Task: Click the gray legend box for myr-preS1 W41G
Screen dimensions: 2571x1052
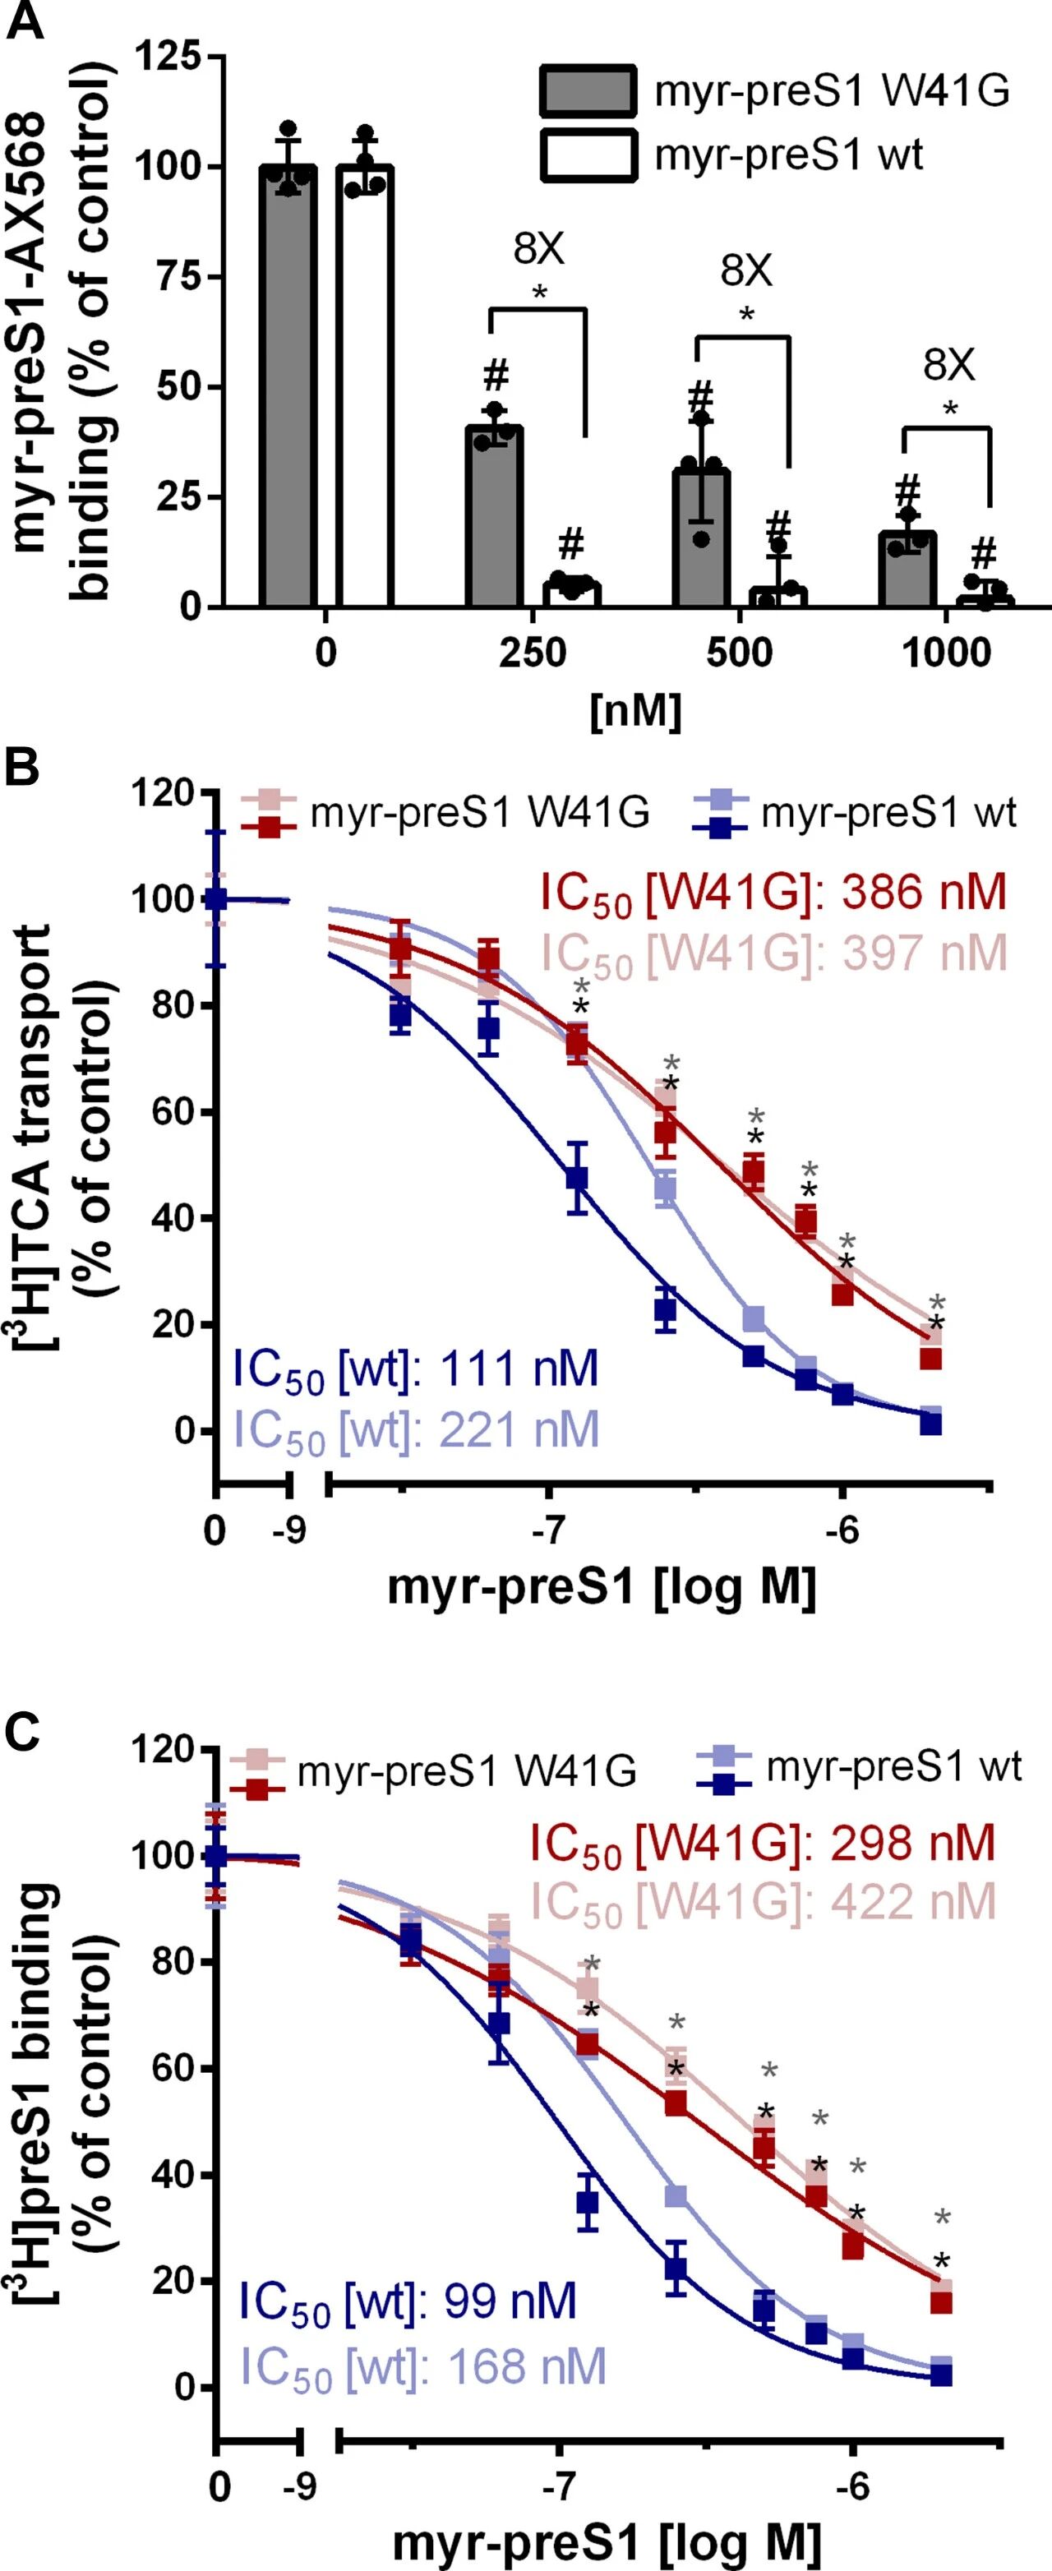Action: (x=587, y=92)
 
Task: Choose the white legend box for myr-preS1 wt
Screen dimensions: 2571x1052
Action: (x=587, y=155)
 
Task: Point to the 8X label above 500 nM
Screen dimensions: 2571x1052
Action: (x=746, y=270)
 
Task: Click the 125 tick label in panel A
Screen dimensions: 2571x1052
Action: (x=166, y=58)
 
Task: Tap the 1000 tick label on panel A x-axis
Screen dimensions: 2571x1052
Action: (x=946, y=653)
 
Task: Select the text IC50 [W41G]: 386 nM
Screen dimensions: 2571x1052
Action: (x=773, y=893)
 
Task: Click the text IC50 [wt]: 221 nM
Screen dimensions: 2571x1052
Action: (x=416, y=1429)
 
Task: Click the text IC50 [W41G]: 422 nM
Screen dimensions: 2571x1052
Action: (x=764, y=1901)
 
